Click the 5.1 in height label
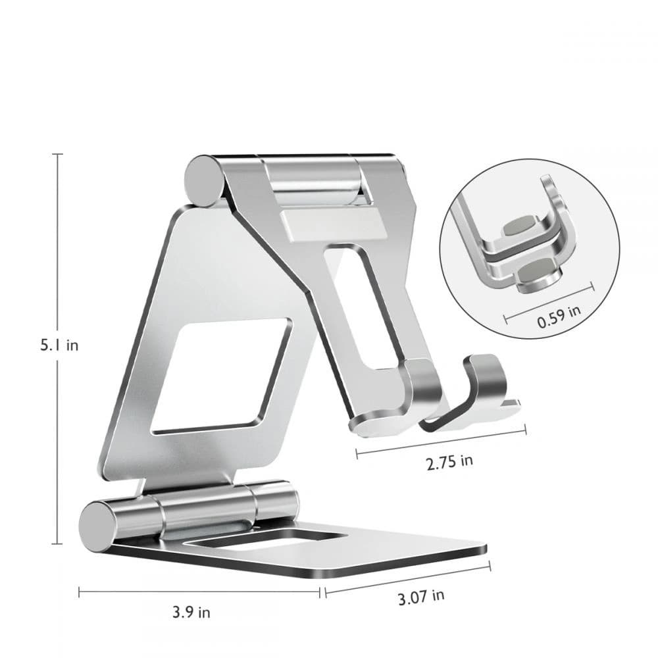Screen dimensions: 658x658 [x=59, y=345]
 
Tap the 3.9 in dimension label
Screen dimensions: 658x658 [x=192, y=612]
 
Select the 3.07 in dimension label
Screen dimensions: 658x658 [x=420, y=597]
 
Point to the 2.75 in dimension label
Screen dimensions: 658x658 [x=449, y=461]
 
